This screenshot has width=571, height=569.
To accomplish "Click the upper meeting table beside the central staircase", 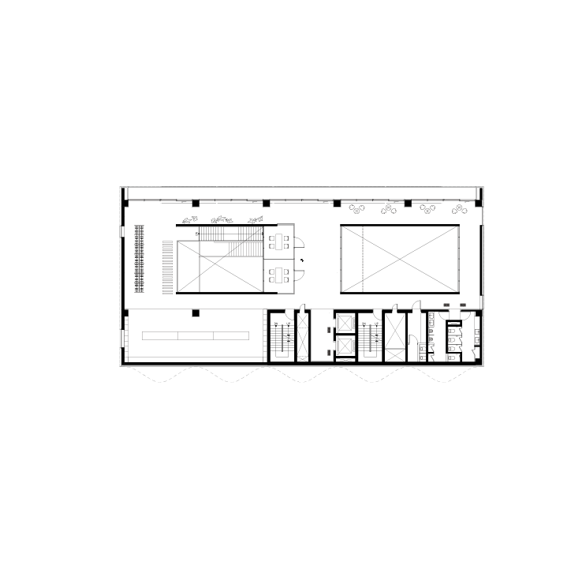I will pyautogui.click(x=278, y=238).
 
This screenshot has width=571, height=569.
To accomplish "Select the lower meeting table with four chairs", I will pyautogui.click(x=278, y=275).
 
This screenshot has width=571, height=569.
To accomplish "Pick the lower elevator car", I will pyautogui.click(x=345, y=346).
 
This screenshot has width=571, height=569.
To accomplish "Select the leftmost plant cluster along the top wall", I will pyautogui.click(x=357, y=209).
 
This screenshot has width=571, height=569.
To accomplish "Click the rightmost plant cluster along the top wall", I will pyautogui.click(x=459, y=208).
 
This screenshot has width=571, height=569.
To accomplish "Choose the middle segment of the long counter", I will pyautogui.click(x=196, y=335).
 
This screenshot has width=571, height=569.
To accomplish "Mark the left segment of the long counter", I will pyautogui.click(x=159, y=335).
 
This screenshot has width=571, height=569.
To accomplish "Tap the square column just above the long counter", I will pyautogui.click(x=196, y=313).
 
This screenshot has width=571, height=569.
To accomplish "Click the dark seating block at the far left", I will pyautogui.click(x=139, y=257).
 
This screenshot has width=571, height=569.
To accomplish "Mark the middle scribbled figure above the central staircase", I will pyautogui.click(x=222, y=219).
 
